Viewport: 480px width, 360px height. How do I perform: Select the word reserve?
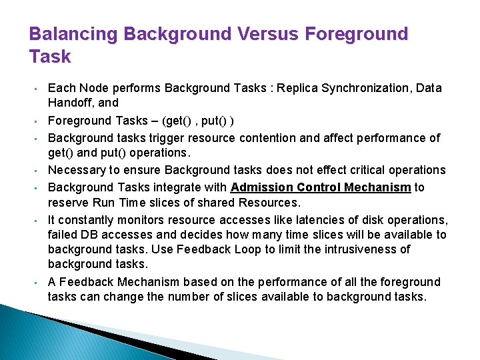[68, 202]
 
